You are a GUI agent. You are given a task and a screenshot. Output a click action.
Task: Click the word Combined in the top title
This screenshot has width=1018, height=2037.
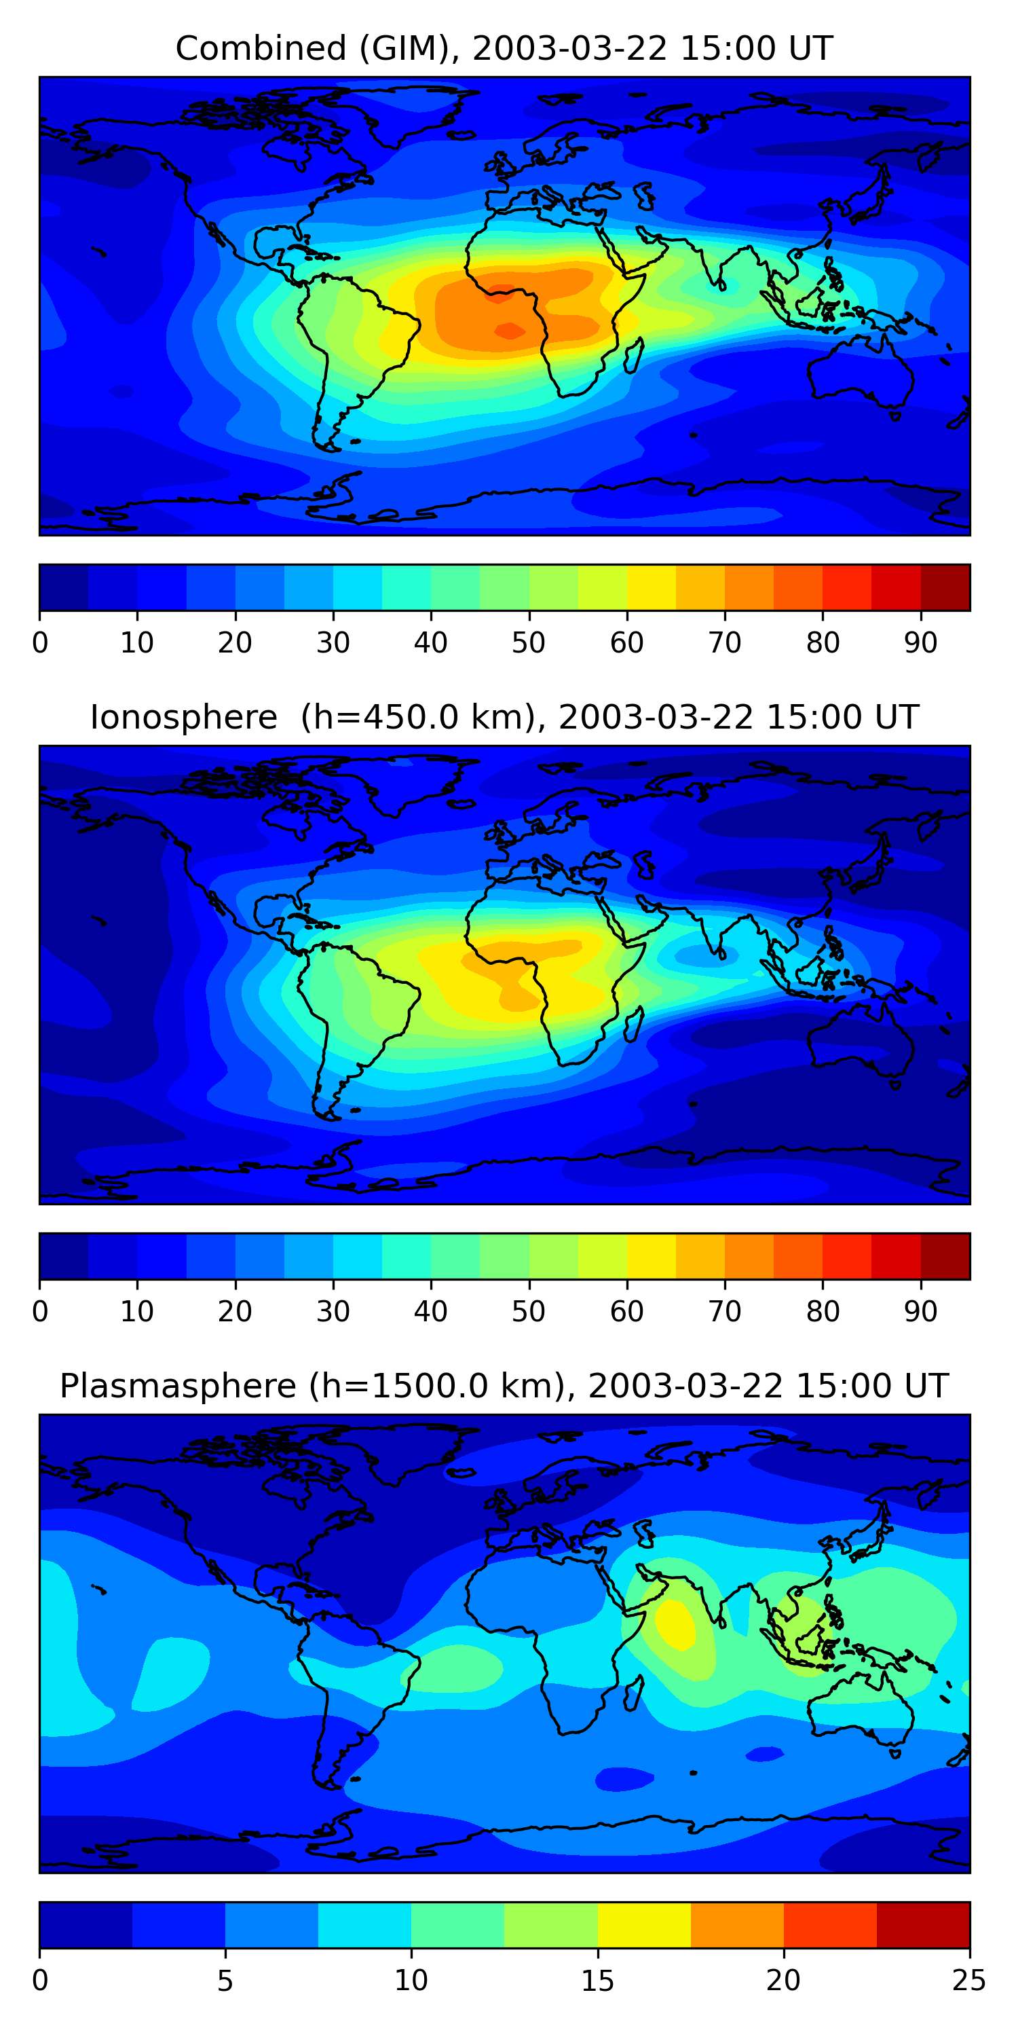260,49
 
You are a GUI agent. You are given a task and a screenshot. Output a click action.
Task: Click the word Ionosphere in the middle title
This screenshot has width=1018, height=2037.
183,718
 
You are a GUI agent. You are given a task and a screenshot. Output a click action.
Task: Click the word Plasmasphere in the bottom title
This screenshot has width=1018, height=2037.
178,1387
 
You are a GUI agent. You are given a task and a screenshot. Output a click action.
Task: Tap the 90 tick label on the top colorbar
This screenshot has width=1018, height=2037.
921,643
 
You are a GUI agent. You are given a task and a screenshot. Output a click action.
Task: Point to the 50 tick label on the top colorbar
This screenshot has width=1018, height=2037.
528,643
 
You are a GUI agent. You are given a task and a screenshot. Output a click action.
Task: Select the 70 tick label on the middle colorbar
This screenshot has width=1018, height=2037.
724,1311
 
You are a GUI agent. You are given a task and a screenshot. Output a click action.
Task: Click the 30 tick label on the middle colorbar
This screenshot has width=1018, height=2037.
333,1311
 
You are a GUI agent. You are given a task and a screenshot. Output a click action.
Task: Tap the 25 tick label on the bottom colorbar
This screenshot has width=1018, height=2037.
968,1980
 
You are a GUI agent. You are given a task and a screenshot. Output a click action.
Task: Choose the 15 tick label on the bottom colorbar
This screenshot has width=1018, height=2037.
597,1980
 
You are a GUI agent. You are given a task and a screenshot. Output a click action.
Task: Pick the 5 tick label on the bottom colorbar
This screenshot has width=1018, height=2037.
225,1980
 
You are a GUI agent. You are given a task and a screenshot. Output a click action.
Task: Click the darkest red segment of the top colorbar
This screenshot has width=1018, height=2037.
945,587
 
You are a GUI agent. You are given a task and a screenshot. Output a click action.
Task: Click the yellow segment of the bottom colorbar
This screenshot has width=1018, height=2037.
644,1925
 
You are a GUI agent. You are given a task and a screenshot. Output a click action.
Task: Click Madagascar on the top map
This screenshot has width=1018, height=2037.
633,356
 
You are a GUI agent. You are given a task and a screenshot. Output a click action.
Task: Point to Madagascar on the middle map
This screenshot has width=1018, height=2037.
633,1025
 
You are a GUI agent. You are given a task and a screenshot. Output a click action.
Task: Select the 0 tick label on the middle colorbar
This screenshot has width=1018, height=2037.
40,1311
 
